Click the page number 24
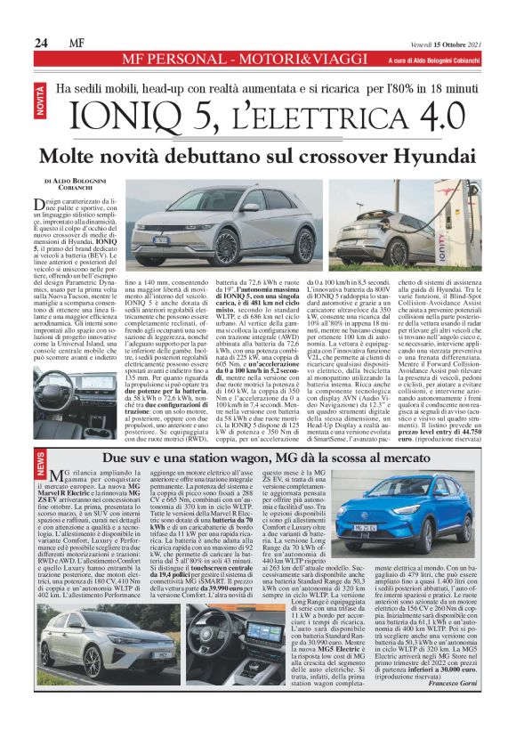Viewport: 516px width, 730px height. (42, 42)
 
